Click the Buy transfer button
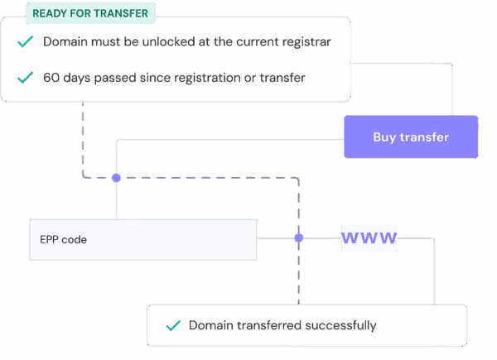point(411,137)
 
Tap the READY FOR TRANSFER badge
point(90,13)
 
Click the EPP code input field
point(142,240)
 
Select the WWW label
point(369,238)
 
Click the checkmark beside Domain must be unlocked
point(26,41)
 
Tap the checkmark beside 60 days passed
point(26,78)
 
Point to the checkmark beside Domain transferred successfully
point(173,326)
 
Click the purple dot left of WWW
point(299,238)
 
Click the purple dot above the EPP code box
point(116,177)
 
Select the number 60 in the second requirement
point(51,78)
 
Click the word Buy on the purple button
point(384,137)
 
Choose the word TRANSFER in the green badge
point(121,13)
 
